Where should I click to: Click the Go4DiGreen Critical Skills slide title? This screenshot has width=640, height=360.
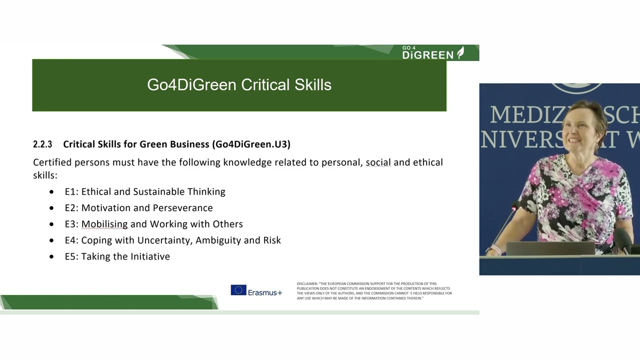[x=239, y=85]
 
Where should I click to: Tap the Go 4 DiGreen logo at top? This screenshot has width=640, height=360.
[x=433, y=52]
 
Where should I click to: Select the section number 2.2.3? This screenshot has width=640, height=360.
[x=42, y=144]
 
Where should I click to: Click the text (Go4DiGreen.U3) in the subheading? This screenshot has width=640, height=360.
[x=251, y=144]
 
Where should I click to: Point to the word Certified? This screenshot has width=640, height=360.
[x=52, y=162]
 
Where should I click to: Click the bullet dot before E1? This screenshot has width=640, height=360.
[x=52, y=192]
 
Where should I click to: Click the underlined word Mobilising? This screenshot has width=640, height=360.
[x=104, y=224]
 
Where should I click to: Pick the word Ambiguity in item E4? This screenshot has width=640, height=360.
[x=218, y=240]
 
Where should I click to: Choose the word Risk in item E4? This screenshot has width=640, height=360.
[x=272, y=240]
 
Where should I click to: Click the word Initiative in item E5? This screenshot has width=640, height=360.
[x=150, y=256]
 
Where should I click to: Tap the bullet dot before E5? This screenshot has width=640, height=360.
[x=52, y=256]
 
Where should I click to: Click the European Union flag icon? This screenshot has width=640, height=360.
[x=238, y=290]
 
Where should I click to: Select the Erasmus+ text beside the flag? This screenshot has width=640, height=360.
[x=265, y=292]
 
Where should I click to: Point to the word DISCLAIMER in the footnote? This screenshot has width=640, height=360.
[x=307, y=284]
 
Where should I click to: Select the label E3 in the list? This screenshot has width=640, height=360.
[x=70, y=224]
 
